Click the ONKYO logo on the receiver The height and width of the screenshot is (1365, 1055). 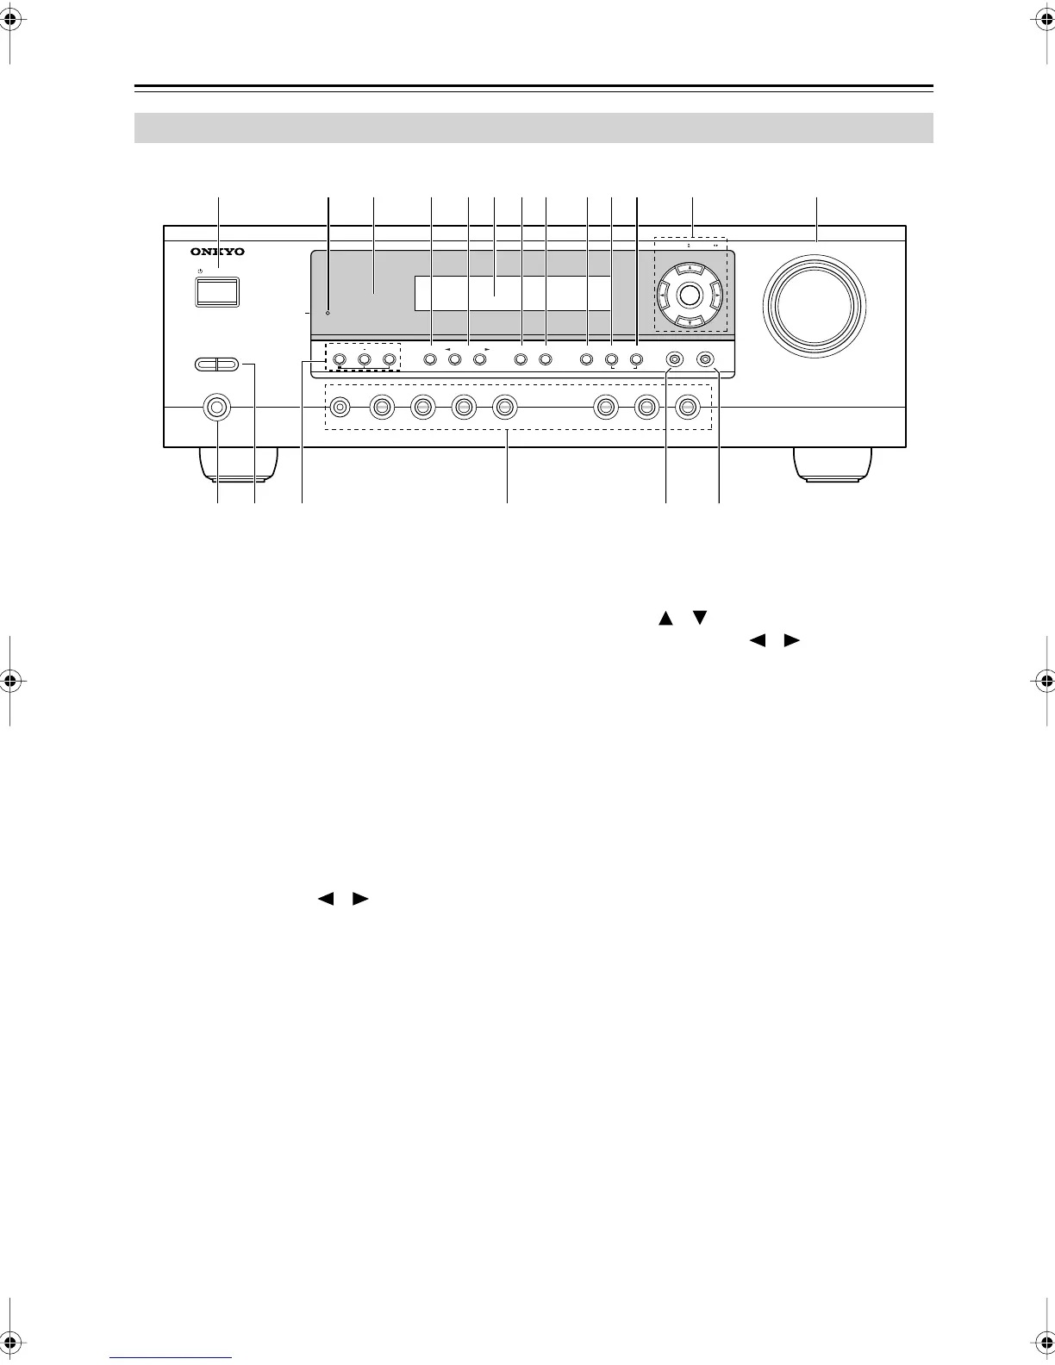pos(217,252)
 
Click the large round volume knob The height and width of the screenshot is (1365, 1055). pos(814,307)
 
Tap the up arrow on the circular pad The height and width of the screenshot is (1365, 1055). pos(689,268)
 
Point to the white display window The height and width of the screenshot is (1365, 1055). pos(513,293)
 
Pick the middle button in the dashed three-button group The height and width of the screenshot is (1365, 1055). pos(364,358)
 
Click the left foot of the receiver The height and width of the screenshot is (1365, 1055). pos(237,463)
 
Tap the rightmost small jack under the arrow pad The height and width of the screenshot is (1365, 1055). pos(705,358)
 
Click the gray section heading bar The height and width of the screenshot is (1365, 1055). pos(534,128)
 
